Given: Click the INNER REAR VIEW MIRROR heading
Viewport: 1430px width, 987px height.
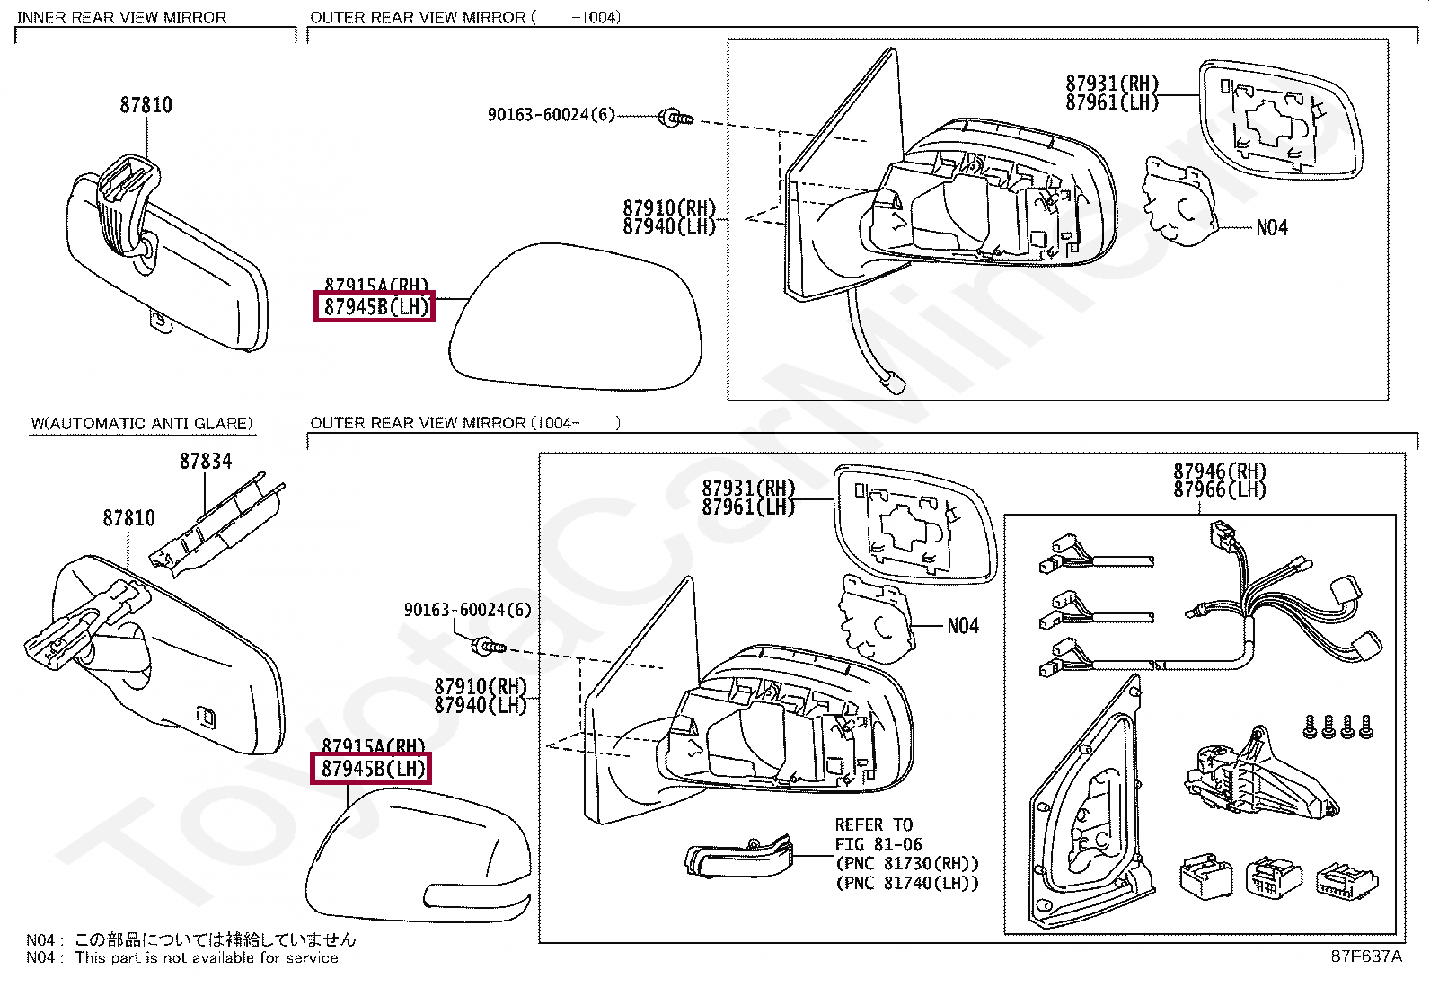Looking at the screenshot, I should (x=121, y=17).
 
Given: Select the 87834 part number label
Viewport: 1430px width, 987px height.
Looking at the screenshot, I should (x=206, y=462).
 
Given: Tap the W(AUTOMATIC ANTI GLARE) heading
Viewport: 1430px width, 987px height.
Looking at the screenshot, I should (x=142, y=423).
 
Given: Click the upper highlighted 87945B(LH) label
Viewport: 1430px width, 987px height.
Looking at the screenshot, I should (x=375, y=307).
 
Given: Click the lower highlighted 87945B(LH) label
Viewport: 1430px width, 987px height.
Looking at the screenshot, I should (x=372, y=769).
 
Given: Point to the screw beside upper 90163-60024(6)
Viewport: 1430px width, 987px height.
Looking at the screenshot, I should (x=675, y=117).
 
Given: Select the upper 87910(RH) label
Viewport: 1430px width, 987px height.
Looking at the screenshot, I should (x=669, y=208).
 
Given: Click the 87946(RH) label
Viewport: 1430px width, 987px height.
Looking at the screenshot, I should (x=1219, y=471).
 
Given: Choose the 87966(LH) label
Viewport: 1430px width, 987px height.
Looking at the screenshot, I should (x=1219, y=490).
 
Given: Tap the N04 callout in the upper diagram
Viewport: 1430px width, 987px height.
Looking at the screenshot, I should (x=1271, y=228).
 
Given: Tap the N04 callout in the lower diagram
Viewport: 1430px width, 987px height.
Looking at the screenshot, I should (x=962, y=626).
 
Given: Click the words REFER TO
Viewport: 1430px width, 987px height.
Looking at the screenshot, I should (x=873, y=824).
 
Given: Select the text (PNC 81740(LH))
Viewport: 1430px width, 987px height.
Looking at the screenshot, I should (x=907, y=883).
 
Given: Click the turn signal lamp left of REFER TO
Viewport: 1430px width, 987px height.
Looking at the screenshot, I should (x=739, y=859).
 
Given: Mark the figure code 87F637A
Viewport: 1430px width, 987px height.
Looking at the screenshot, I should (x=1365, y=956).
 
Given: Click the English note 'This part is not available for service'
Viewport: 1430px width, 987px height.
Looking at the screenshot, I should (x=207, y=958).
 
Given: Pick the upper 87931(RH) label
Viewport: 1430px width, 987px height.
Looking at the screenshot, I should (x=1112, y=84).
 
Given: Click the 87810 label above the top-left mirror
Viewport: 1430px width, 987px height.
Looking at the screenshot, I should (x=146, y=105).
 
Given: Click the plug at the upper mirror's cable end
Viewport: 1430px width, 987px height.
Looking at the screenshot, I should (x=895, y=383).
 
